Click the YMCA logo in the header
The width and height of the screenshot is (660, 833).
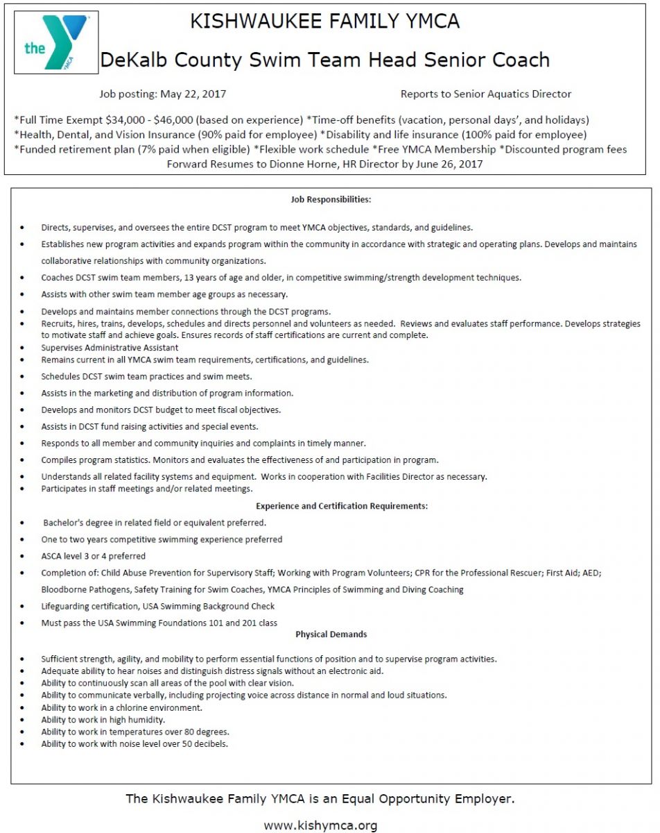(56, 42)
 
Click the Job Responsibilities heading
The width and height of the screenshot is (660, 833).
(331, 199)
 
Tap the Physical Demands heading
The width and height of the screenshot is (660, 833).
(331, 634)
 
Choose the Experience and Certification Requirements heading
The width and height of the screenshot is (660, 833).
(341, 506)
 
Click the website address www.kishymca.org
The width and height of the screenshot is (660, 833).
(320, 825)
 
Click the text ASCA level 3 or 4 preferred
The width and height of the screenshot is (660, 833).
(93, 556)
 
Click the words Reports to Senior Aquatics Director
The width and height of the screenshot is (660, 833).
(486, 94)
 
